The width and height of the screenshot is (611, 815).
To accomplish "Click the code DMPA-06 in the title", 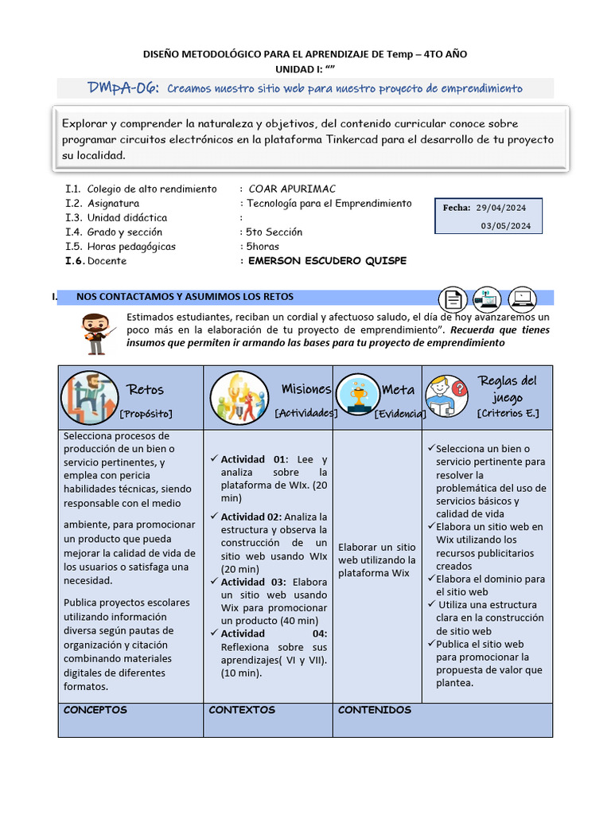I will (x=123, y=88).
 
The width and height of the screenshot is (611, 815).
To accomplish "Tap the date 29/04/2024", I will (x=501, y=208).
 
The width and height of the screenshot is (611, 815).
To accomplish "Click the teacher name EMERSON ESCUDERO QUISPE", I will (x=327, y=261).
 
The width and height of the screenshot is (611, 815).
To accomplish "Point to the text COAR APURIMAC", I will (x=292, y=189).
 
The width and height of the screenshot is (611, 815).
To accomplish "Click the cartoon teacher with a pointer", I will (x=97, y=333).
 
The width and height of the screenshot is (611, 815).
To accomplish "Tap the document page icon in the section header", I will (x=453, y=300).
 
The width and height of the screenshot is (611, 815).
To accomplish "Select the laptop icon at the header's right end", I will (x=523, y=299).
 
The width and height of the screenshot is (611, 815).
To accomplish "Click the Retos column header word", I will (x=146, y=389).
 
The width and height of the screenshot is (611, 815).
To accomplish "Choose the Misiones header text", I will (x=305, y=388).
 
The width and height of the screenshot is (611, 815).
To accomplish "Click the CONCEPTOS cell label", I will (x=95, y=710).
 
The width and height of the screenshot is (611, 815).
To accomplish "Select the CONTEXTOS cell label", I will (x=241, y=710).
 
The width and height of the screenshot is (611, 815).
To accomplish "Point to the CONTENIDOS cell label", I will (x=374, y=710).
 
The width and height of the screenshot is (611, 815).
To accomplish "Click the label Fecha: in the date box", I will (x=457, y=208).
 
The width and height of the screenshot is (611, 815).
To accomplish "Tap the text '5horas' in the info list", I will (x=263, y=247).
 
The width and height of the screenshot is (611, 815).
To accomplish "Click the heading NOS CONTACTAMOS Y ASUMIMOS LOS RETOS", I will (x=185, y=297).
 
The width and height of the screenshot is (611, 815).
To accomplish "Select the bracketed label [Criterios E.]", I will (x=508, y=413).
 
